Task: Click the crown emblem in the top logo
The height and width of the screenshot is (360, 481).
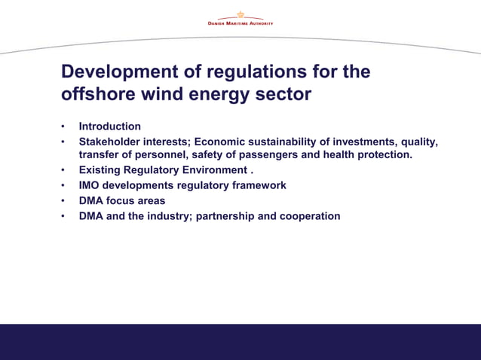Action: [x=240, y=14]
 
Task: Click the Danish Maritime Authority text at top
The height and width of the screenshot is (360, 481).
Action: [x=240, y=23]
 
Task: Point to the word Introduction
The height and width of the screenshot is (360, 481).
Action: [x=110, y=127]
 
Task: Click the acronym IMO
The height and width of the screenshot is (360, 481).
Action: [x=90, y=185]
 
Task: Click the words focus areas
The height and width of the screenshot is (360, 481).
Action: [x=138, y=201]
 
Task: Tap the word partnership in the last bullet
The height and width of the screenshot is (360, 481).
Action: [x=225, y=216]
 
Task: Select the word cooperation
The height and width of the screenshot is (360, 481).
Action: [x=310, y=216]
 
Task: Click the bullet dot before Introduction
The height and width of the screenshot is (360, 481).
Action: [x=64, y=127]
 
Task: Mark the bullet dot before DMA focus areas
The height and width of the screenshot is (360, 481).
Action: [x=64, y=201]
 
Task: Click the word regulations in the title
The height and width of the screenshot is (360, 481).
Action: [x=247, y=72]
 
